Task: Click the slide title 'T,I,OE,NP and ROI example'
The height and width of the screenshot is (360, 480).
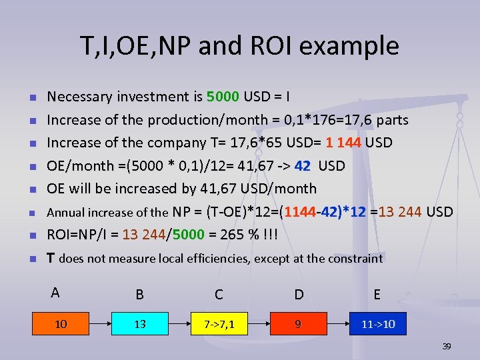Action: click(x=239, y=46)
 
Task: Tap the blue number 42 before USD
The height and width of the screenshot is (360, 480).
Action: click(x=302, y=166)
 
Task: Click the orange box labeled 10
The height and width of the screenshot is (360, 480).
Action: click(x=61, y=325)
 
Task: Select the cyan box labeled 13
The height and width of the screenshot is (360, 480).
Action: click(x=140, y=325)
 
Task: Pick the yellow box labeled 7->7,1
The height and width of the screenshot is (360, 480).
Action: click(x=219, y=325)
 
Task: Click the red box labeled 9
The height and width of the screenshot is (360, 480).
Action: click(x=298, y=325)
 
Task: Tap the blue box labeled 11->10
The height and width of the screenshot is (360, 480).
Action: click(x=377, y=325)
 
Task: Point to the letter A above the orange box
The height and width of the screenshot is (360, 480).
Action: click(x=55, y=292)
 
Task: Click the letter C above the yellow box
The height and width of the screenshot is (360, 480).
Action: click(x=219, y=295)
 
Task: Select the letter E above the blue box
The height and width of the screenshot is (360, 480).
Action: click(x=377, y=295)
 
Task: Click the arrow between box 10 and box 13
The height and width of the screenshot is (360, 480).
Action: click(x=100, y=325)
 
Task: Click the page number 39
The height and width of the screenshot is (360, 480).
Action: click(x=447, y=347)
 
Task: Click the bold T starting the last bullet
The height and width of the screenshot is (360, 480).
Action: click(x=50, y=258)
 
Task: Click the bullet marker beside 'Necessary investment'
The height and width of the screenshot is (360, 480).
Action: click(x=32, y=98)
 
